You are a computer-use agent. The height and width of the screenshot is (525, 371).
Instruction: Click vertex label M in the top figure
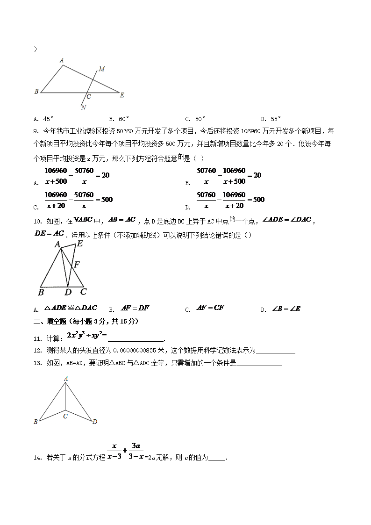point(101,69)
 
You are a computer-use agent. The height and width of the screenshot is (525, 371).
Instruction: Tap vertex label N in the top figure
point(83,107)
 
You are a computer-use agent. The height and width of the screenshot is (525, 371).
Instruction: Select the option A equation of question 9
point(77,175)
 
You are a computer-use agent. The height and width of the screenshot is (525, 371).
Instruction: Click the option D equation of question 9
point(230,200)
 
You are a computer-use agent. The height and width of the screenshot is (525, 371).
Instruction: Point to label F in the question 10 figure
point(77,265)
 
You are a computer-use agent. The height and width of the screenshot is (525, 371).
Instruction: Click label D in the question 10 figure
point(68,292)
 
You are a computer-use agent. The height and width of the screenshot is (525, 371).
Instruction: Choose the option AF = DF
point(135,308)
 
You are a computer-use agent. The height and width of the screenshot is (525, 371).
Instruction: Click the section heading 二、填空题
point(51,322)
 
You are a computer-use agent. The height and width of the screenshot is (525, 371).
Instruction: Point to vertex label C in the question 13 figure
point(65,416)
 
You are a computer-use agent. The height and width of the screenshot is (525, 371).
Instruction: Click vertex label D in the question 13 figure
point(95,422)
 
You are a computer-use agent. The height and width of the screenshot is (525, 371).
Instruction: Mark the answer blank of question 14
point(216,458)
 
